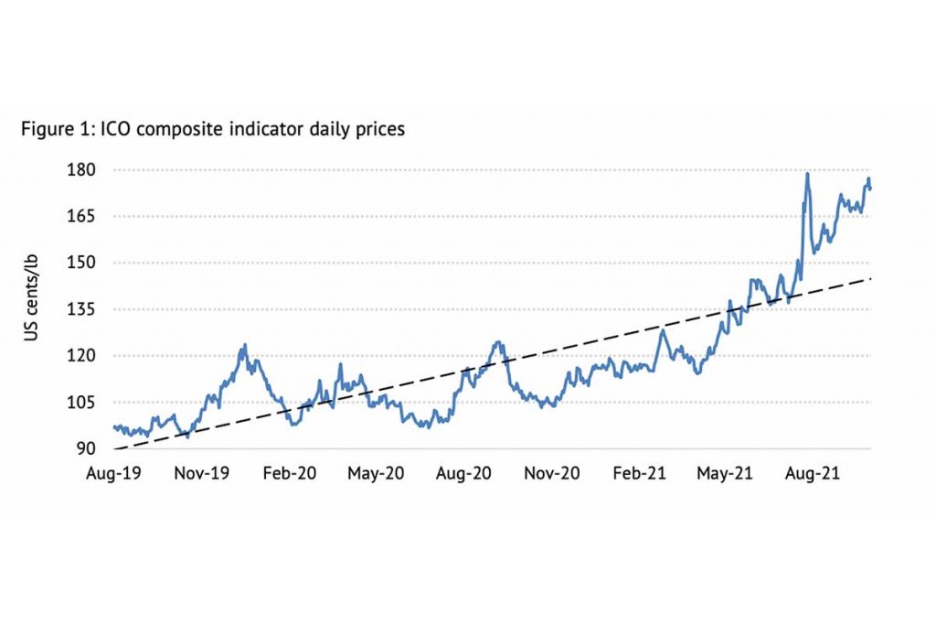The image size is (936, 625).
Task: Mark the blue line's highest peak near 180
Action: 807,174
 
